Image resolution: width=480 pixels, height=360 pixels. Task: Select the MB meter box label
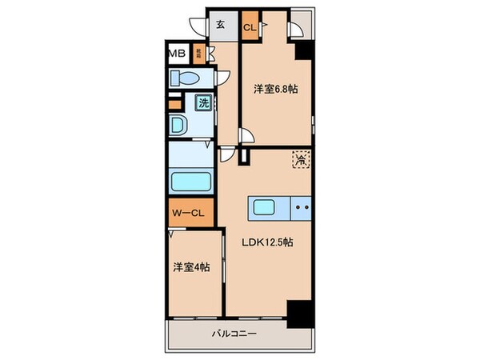177,54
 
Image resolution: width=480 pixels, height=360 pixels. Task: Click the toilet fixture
185,78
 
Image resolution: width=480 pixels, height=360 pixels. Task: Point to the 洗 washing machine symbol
203,102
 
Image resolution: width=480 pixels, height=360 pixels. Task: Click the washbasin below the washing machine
178,126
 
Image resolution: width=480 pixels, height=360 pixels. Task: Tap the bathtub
190,181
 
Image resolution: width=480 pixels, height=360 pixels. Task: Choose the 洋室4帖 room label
193,268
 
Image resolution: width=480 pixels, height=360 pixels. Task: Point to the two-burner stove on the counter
302,207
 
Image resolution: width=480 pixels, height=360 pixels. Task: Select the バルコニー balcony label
234,334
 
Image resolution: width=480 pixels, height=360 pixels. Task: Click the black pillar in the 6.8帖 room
303,50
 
